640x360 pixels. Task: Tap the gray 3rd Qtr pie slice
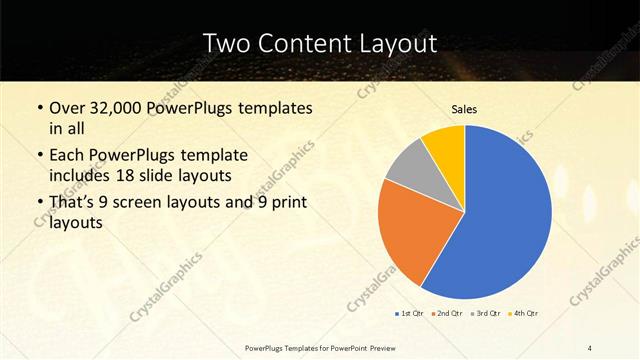(x=409, y=166)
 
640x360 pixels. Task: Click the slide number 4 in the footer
(x=590, y=347)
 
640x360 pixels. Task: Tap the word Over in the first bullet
(x=68, y=108)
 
